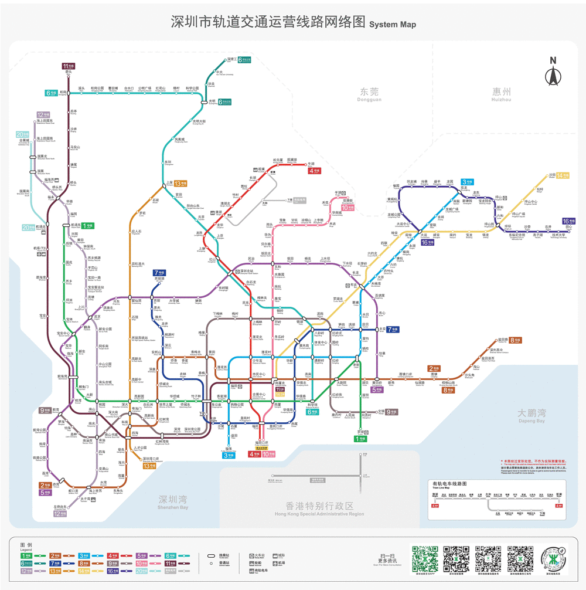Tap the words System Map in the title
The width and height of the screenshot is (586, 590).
click(x=393, y=25)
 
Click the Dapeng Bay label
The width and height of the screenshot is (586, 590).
click(x=532, y=415)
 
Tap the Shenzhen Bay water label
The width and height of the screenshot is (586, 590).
click(x=173, y=501)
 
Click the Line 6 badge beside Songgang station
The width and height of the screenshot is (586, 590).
click(x=50, y=93)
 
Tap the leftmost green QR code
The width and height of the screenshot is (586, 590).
click(x=425, y=558)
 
